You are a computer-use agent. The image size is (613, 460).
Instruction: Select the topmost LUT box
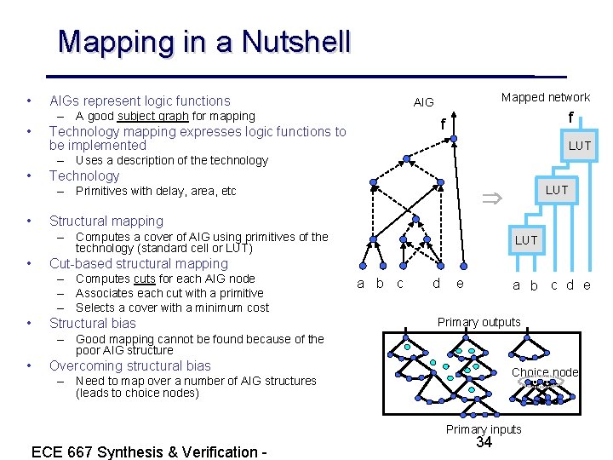click(579, 146)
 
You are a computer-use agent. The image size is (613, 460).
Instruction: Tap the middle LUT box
click(556, 190)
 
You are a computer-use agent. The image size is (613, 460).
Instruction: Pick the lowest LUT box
click(525, 240)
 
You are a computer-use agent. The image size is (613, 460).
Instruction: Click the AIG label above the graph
click(423, 102)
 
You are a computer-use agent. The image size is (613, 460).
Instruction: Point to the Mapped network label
click(545, 97)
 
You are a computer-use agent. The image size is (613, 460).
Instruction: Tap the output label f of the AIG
click(443, 124)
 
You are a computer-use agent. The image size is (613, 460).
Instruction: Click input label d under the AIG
click(436, 284)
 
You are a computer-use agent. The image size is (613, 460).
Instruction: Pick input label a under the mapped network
click(516, 285)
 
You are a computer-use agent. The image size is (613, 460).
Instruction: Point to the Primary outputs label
click(478, 322)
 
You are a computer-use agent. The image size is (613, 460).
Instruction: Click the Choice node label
click(545, 372)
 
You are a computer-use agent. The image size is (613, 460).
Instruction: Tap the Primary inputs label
click(484, 429)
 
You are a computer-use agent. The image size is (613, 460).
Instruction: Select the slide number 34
click(484, 442)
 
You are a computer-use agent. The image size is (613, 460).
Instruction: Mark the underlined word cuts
click(144, 279)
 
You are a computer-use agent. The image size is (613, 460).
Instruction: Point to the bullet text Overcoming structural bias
click(130, 365)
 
